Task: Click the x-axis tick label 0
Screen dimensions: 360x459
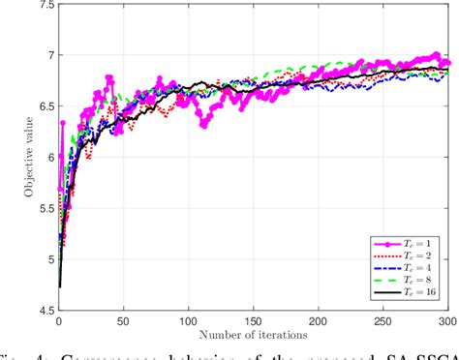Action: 59,320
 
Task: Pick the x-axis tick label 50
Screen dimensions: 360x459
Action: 123,320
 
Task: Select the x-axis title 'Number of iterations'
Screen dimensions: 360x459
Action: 254,335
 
